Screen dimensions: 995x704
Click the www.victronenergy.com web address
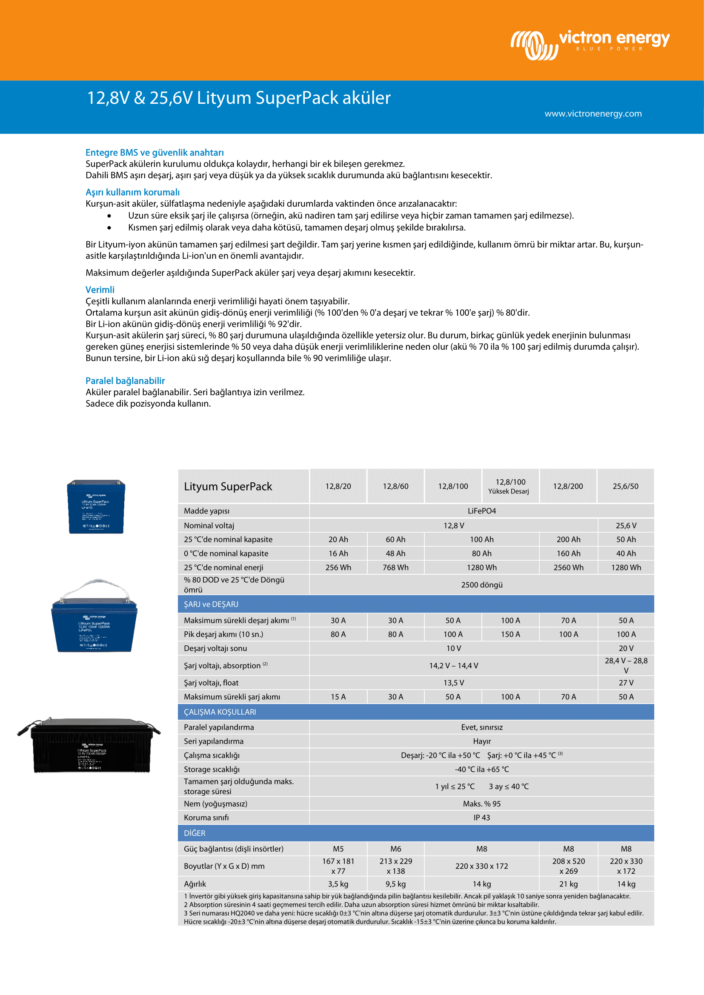pos(592,114)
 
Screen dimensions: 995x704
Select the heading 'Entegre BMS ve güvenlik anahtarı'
pos(155,153)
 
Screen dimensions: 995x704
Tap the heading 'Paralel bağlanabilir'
pos(125,380)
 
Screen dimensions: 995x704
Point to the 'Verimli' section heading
pos(100,290)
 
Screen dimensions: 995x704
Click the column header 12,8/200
pos(567,486)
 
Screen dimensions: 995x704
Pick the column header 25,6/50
pos(625,486)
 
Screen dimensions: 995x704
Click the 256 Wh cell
pos(338,567)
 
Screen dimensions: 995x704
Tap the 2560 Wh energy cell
pos(568,567)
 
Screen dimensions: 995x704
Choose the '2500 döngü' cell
pos(481,584)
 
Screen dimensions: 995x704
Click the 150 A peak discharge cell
pos(510,634)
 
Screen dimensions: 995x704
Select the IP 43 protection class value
pos(481,817)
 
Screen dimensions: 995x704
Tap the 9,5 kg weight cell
pos(395,884)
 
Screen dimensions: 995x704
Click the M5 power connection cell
pos(338,849)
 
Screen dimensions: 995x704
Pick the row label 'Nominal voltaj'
pos(209,526)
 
